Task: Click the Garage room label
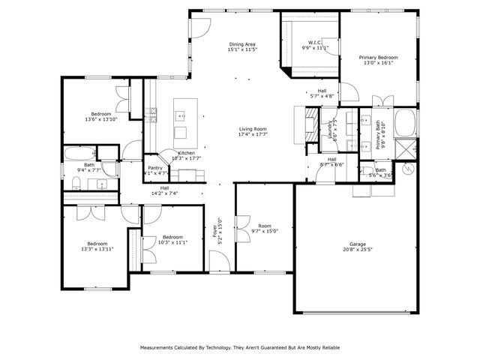pos(357,244)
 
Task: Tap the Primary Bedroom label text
pos(378,58)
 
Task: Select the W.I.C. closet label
pos(315,42)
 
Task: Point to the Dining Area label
pos(243,44)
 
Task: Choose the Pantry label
pos(155,168)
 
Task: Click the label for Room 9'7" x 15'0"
pos(264,226)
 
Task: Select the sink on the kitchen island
pos(180,116)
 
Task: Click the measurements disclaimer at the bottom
pos(240,348)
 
